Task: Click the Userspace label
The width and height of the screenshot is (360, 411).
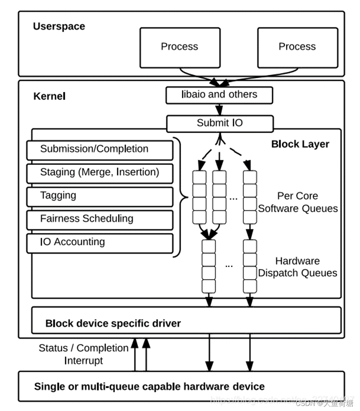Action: tap(59, 26)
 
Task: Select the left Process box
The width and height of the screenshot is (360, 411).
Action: tap(180, 47)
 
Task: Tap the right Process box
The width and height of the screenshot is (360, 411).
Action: tap(297, 47)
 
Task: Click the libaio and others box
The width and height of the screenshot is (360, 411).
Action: tap(219, 95)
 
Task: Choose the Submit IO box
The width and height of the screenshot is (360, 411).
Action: tap(220, 123)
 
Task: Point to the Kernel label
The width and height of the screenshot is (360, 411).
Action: tap(49, 96)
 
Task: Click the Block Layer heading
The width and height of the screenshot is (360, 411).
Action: tap(300, 144)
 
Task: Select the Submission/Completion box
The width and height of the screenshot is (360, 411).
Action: tap(99, 150)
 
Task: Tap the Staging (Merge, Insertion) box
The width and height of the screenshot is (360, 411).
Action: tap(99, 173)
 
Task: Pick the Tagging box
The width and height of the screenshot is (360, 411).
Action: tap(99, 196)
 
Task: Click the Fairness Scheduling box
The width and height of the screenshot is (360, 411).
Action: tap(99, 219)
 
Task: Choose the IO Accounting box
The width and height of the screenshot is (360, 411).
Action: tap(99, 243)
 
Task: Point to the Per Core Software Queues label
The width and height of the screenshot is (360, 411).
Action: tap(298, 202)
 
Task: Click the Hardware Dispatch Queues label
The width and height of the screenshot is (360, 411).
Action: tap(297, 267)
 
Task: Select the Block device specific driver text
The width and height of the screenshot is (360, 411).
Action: tap(113, 324)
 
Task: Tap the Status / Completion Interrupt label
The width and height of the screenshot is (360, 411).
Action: tap(83, 354)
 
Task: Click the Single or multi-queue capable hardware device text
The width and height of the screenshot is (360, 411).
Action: tap(149, 386)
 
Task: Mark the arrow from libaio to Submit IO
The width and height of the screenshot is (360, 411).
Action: tap(219, 110)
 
